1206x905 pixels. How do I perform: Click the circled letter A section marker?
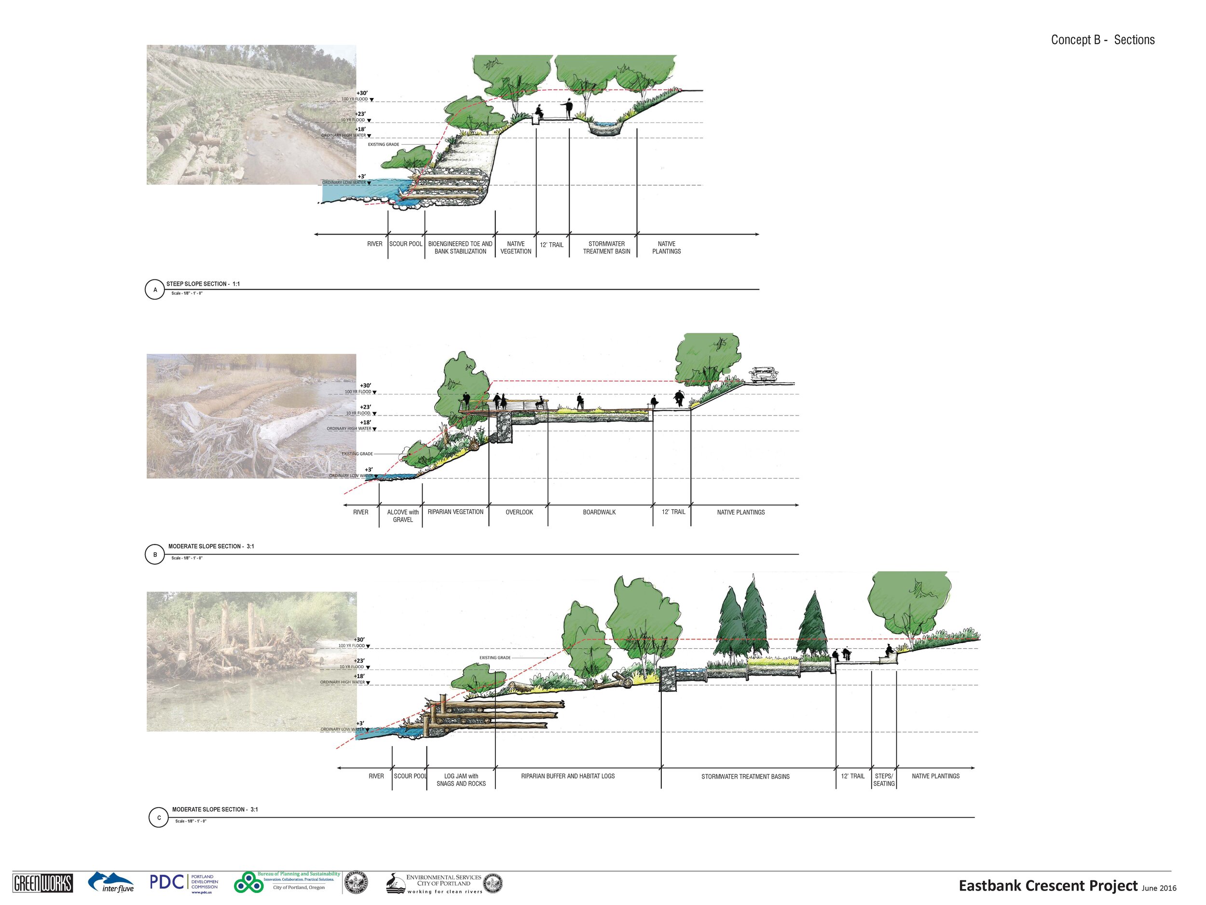[155, 290]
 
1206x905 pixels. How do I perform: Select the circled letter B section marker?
[155, 555]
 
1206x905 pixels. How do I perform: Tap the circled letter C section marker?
[159, 818]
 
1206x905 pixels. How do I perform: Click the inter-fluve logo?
[112, 882]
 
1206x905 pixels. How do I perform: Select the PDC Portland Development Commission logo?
[184, 883]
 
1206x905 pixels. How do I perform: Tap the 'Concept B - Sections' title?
[1102, 40]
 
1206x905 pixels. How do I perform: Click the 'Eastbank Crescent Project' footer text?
[1048, 885]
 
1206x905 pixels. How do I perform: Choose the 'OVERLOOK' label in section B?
[519, 512]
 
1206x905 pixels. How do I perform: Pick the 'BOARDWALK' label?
[599, 512]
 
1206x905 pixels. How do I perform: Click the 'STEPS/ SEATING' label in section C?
[884, 780]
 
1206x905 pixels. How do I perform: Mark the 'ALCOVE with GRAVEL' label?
[403, 516]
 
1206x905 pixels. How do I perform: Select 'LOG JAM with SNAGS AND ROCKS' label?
[461, 780]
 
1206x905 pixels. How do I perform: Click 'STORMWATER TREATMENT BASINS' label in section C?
[745, 776]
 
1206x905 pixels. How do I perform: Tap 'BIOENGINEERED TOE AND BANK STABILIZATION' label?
[460, 248]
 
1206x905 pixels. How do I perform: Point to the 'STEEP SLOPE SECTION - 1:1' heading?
[203, 284]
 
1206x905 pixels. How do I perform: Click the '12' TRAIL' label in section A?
[552, 245]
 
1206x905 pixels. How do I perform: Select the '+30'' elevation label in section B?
[365, 386]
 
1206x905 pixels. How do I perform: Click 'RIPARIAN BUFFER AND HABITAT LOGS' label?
[568, 776]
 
